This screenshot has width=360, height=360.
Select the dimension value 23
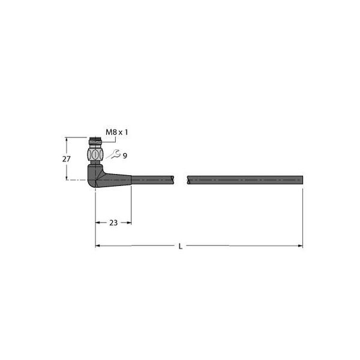pyautogui.click(x=113, y=223)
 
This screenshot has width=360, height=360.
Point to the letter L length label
pyautogui.click(x=180, y=246)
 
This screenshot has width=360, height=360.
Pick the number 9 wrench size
pyautogui.click(x=125, y=155)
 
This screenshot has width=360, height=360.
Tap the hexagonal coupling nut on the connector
pyautogui.click(x=95, y=155)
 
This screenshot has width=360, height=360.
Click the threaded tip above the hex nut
pyautogui.click(x=95, y=143)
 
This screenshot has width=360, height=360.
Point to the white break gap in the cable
pyautogui.click(x=181, y=179)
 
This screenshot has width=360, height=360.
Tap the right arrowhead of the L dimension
pyautogui.click(x=300, y=246)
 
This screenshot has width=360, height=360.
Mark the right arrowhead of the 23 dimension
pyautogui.click(x=128, y=223)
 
